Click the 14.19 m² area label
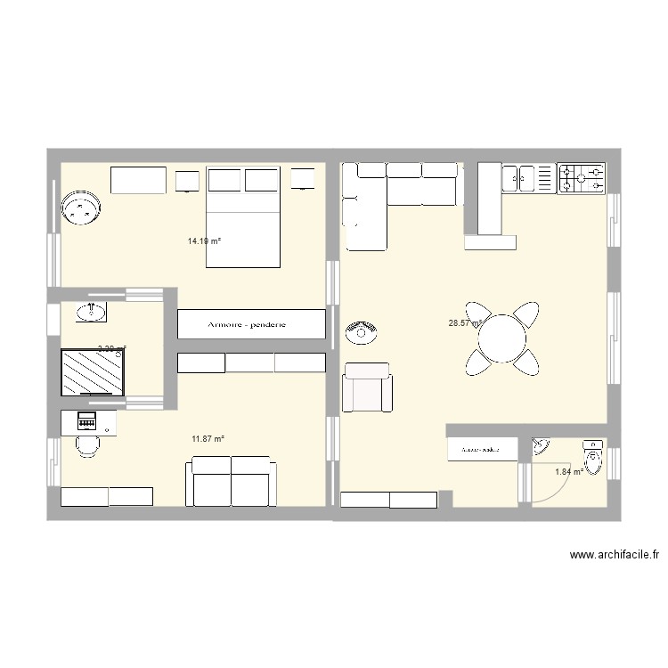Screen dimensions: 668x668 tap(204, 240)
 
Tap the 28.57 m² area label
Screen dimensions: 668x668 tap(465, 323)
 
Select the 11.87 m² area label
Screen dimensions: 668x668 tap(208, 438)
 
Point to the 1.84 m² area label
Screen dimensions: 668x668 tap(569, 472)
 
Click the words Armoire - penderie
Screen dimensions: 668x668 tap(250, 325)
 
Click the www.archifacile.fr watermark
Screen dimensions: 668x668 tap(615, 555)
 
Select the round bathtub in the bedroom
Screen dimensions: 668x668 tap(82, 208)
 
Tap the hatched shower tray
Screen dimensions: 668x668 tap(94, 372)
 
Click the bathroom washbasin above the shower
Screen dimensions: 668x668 tap(91, 312)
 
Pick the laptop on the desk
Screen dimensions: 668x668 tap(86, 421)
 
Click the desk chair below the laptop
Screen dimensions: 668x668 tap(86, 445)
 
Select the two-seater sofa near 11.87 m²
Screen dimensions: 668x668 tap(231, 481)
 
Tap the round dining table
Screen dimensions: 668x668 tap(501, 338)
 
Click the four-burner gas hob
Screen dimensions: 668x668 tap(581, 177)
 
